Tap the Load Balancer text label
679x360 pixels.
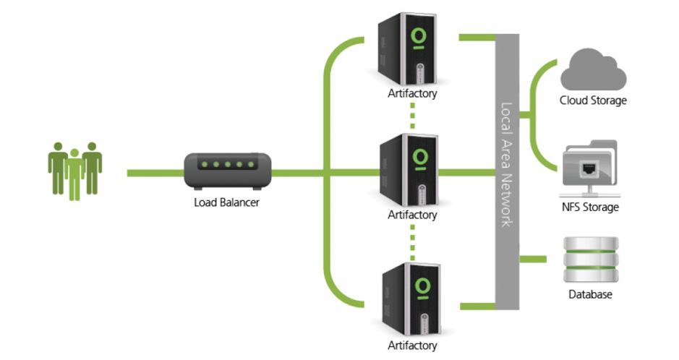[226, 202]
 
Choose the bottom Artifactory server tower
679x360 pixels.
[409, 296]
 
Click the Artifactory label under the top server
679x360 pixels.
[412, 93]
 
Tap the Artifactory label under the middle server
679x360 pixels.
[412, 215]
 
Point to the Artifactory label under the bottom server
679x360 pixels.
[412, 346]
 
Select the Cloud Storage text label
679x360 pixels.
[593, 100]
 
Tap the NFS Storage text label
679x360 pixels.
[591, 207]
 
